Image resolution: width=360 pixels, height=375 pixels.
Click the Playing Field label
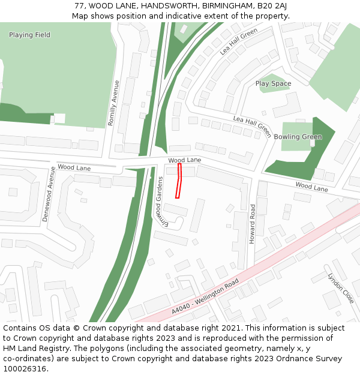[x=29, y=35]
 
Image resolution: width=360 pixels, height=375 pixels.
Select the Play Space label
[x=273, y=84]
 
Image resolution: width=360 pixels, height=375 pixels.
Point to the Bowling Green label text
[x=298, y=137]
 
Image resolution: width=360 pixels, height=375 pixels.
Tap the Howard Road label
[x=253, y=223]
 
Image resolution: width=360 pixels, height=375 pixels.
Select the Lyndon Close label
[x=341, y=288]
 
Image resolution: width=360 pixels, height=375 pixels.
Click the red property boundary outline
[x=178, y=181]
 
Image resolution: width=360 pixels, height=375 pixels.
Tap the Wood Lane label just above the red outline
[x=184, y=160]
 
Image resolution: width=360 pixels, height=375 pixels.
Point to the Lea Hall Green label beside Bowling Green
[x=252, y=127]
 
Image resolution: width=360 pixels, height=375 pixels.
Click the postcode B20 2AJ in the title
[x=272, y=5]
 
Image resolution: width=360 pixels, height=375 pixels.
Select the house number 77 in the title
[x=79, y=5]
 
